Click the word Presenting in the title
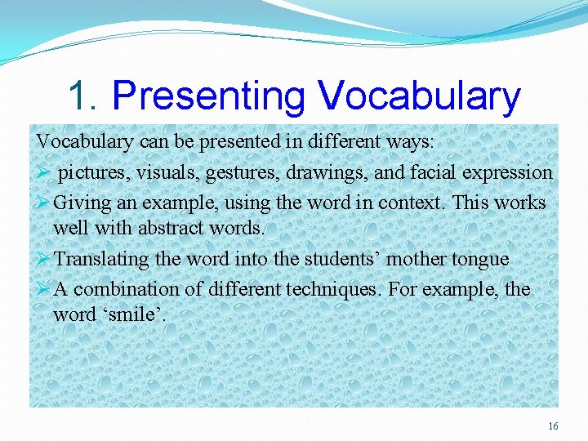[x=209, y=96]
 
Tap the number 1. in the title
[x=83, y=96]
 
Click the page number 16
[x=553, y=426]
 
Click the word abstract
[x=172, y=226]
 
